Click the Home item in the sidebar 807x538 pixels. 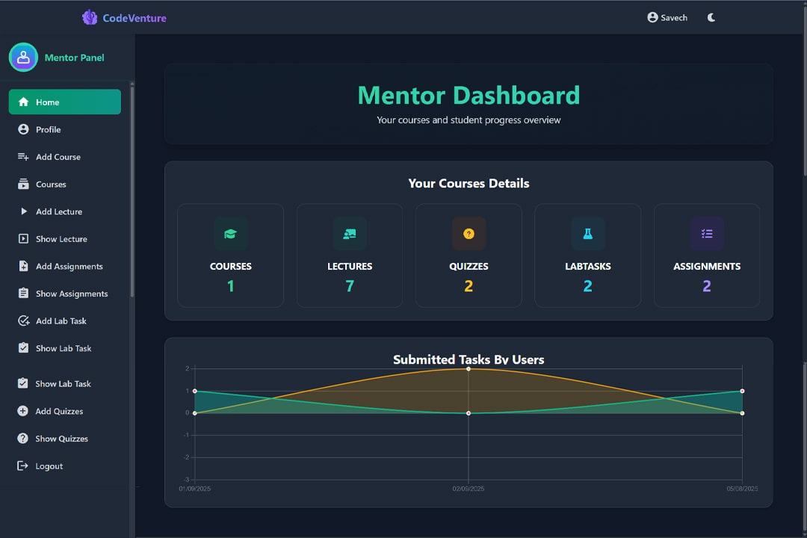pos(64,102)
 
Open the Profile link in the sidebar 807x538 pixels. pos(49,129)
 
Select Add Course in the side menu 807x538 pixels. pos(58,157)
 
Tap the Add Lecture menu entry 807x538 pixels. pos(58,211)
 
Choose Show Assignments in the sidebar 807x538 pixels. pos(71,294)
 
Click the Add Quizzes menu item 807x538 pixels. pos(59,411)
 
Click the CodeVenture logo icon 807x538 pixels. pos(90,17)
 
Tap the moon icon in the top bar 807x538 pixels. pos(711,17)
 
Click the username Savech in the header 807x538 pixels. pos(673,17)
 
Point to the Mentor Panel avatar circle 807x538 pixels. pos(23,58)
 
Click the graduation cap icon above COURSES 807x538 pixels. pos(230,234)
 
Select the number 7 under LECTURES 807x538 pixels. pos(349,286)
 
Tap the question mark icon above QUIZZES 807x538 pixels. pos(469,234)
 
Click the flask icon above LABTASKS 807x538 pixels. pos(587,234)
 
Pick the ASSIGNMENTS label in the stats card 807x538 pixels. pos(706,266)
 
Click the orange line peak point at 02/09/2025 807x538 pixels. pos(469,368)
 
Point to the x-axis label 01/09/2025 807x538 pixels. pos(195,489)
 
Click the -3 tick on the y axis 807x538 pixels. pos(186,480)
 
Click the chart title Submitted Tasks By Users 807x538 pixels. pos(469,359)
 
